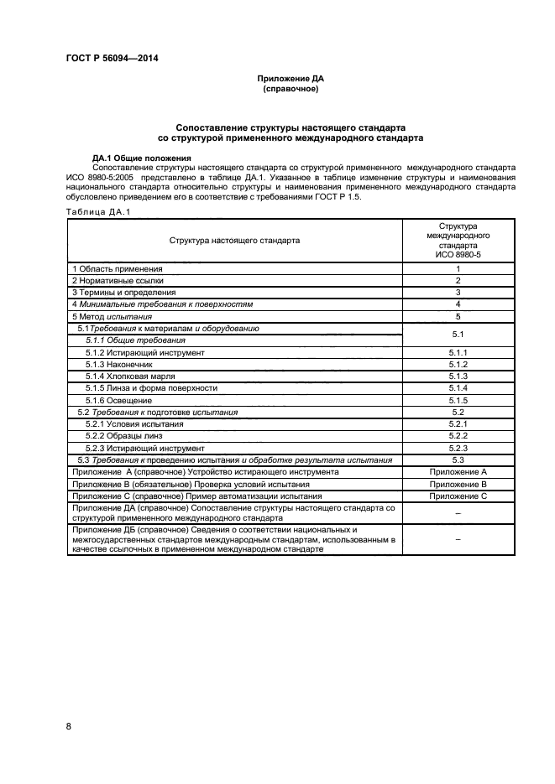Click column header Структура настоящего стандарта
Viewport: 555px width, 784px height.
click(234, 239)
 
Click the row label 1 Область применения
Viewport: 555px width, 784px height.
click(117, 268)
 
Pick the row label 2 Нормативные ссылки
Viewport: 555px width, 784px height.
click(118, 280)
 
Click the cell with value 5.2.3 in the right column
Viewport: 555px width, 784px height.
click(458, 449)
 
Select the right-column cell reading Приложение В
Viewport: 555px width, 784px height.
click(458, 485)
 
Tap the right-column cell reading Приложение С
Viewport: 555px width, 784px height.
click(458, 496)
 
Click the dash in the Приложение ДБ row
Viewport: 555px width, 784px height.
click(458, 541)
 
